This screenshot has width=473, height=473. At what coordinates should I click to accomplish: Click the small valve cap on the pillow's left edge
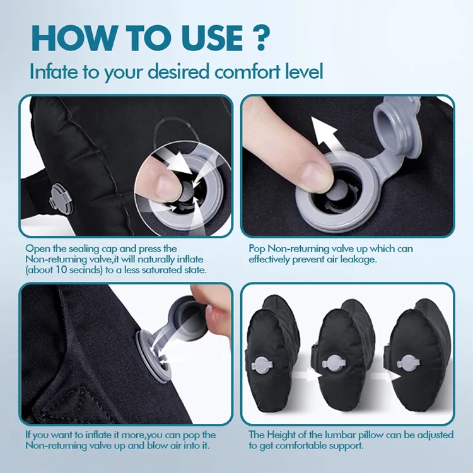point(58,197)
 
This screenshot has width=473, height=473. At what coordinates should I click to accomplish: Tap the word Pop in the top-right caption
point(258,248)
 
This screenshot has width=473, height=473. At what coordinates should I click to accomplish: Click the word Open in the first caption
point(37,248)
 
